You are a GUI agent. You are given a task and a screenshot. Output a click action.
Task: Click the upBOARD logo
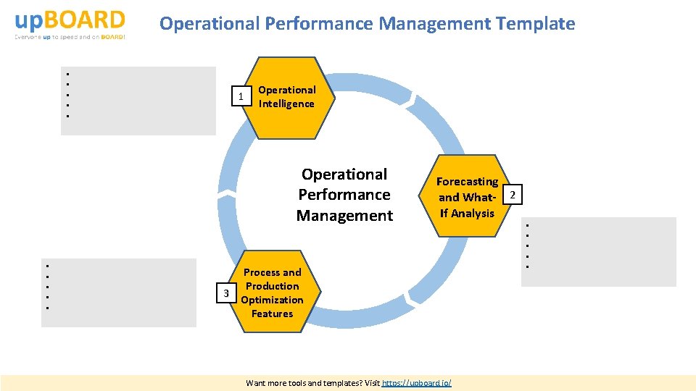click(x=70, y=20)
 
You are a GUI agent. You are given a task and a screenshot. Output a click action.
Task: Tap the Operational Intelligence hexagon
click(x=291, y=97)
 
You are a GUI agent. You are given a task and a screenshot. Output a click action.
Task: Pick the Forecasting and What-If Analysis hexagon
click(x=468, y=197)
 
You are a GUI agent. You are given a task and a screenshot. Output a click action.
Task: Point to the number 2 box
click(x=513, y=195)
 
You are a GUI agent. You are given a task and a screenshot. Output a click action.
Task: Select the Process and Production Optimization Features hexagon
click(x=272, y=293)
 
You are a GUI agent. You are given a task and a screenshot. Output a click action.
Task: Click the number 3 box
click(x=226, y=293)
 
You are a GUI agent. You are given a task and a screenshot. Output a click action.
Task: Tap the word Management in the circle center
click(x=344, y=215)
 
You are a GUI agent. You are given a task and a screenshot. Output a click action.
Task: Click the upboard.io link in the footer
click(x=416, y=382)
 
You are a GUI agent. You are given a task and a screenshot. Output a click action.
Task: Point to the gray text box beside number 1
click(x=138, y=101)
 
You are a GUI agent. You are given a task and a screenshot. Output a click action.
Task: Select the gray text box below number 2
click(x=598, y=251)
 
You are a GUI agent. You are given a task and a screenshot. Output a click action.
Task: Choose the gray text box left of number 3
click(x=119, y=293)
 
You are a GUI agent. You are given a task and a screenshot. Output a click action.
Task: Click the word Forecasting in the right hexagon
click(x=467, y=182)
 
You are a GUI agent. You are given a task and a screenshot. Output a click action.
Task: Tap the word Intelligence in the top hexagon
click(x=287, y=104)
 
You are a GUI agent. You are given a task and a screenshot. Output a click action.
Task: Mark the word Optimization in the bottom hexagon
click(x=272, y=300)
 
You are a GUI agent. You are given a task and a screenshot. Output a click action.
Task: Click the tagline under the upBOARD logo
click(x=70, y=37)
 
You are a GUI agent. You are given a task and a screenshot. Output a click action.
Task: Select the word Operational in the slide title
click(x=210, y=24)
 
